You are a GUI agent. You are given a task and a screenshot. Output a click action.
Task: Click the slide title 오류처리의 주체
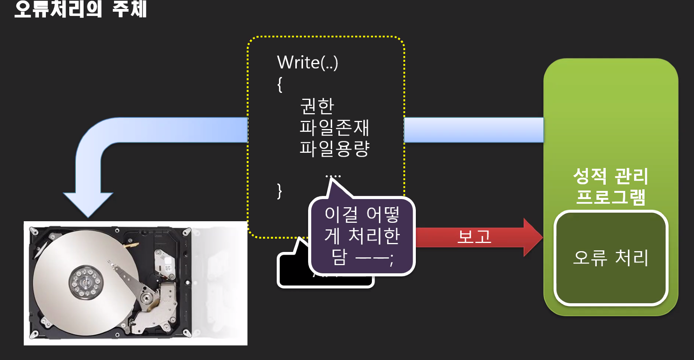pos(81,9)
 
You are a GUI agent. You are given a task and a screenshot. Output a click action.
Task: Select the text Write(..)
pos(307,63)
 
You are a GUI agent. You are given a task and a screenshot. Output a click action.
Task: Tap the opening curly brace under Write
pos(280,84)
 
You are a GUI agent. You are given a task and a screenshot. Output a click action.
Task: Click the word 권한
pos(317,106)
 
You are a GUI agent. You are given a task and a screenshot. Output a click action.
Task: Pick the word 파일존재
pos(334,127)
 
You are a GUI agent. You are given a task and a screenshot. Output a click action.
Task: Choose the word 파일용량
pos(334,149)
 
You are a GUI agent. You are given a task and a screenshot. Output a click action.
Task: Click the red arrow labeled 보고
pos(478,237)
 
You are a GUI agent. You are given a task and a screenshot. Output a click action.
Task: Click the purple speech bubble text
pos(362,236)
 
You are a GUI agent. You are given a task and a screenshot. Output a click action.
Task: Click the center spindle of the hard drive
pos(86,281)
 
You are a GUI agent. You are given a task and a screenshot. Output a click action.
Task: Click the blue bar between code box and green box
pos(474,130)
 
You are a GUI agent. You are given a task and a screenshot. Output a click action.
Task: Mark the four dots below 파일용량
pos(333,176)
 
